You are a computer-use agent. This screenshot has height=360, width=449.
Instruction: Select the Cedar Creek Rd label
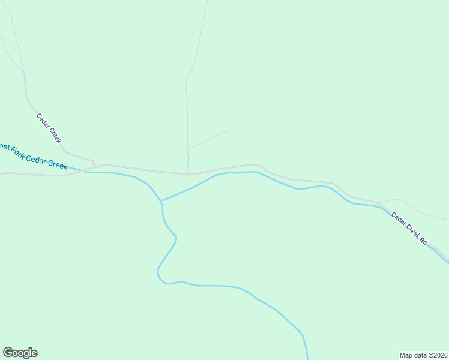(x=409, y=228)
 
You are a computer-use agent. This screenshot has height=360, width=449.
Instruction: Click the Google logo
(x=20, y=353)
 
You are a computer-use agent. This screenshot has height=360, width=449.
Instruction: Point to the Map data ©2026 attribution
(x=423, y=355)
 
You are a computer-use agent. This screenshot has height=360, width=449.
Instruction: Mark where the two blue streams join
(x=161, y=201)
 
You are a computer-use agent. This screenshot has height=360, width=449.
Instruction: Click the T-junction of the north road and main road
(x=188, y=174)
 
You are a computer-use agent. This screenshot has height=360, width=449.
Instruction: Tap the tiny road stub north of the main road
(x=154, y=167)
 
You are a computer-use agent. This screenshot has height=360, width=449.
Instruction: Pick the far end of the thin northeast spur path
(x=231, y=130)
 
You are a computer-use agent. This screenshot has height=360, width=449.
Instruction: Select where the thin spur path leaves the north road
(x=188, y=149)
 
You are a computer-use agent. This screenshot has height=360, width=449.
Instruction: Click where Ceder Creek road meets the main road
(x=94, y=166)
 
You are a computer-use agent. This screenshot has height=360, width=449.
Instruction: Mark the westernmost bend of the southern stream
(x=158, y=274)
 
